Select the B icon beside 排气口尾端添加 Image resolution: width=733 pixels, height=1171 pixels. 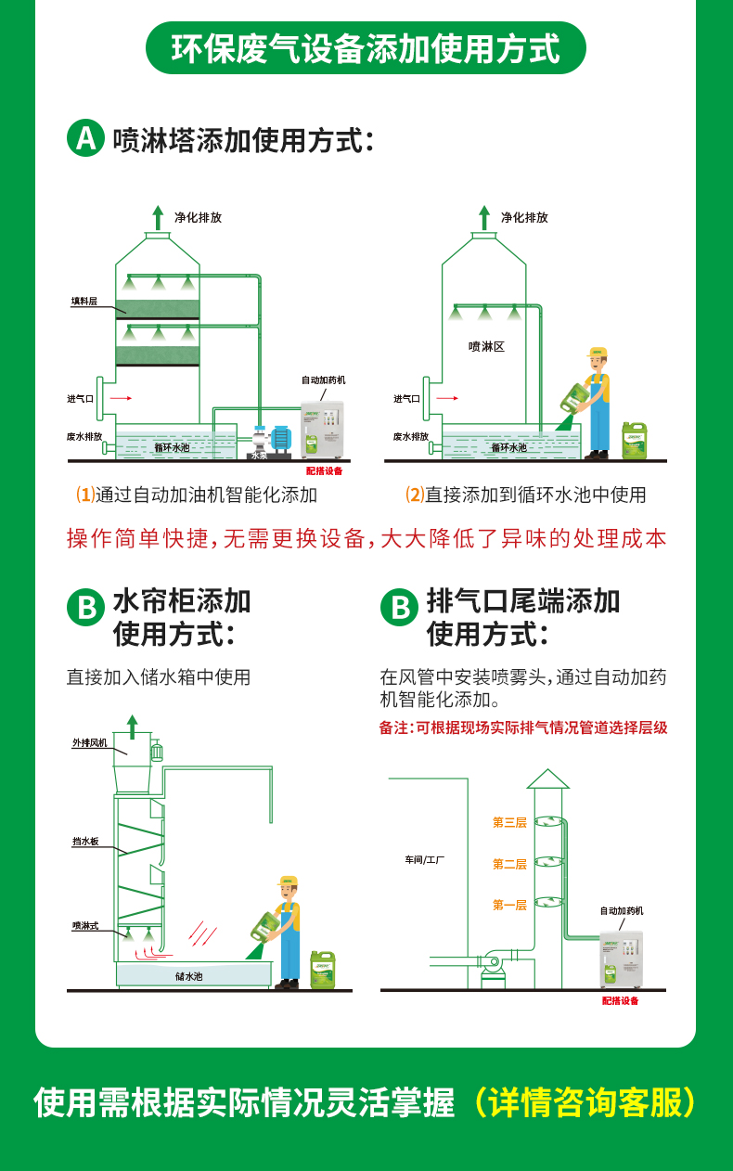coord(400,608)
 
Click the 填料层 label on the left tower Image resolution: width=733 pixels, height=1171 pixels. coord(84,302)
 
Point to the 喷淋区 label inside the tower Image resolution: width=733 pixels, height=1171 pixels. coord(486,346)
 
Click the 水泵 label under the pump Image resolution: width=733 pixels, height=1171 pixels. coord(259,456)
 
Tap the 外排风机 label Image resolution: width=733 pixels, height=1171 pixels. coord(90,743)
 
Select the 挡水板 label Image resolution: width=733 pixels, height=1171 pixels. coord(85,842)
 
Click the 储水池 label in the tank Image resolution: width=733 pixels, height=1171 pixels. coord(188,976)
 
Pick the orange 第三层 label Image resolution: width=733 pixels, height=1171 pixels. coord(509,822)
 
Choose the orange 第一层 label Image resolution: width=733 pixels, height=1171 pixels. coord(509,905)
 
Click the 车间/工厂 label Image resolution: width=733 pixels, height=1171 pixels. coord(424,860)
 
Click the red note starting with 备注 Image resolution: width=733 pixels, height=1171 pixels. coord(522,728)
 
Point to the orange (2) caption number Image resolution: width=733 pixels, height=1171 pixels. coord(415,495)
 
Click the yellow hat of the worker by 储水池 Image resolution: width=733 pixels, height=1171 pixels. coord(289,881)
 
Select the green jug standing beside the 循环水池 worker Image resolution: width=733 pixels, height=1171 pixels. coord(635,440)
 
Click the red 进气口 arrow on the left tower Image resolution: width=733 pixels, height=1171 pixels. coord(121,398)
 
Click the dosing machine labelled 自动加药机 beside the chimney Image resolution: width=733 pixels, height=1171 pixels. coord(621,955)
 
